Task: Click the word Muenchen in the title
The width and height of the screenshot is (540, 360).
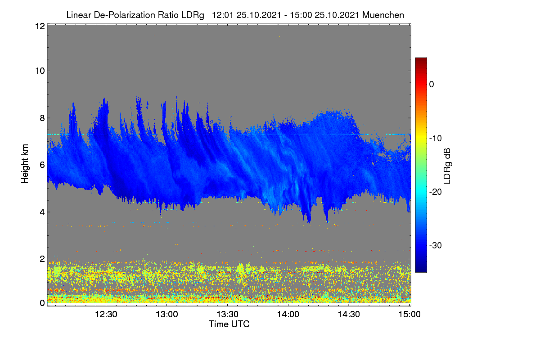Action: pyautogui.click(x=383, y=15)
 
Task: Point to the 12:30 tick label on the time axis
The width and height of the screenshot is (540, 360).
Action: pyautogui.click(x=106, y=314)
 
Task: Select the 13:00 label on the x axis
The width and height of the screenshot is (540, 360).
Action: pyautogui.click(x=167, y=314)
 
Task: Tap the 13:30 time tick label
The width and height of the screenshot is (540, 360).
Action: pyautogui.click(x=227, y=314)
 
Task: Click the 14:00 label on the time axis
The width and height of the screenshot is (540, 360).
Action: pyautogui.click(x=288, y=314)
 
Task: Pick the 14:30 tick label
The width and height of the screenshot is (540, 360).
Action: pyautogui.click(x=349, y=314)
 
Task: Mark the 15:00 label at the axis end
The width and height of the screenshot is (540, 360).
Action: pyautogui.click(x=409, y=314)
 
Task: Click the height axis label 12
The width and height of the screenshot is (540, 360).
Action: pyautogui.click(x=40, y=26)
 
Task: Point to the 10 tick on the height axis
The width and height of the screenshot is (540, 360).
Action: pyautogui.click(x=40, y=71)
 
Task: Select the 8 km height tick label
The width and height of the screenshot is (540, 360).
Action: pyautogui.click(x=42, y=118)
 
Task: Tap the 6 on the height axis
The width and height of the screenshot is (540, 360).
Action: pyautogui.click(x=42, y=165)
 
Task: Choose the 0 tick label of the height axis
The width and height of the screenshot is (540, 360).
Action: pyautogui.click(x=42, y=303)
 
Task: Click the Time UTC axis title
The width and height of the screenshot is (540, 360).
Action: pyautogui.click(x=229, y=324)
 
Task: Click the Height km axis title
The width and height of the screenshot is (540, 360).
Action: pyautogui.click(x=25, y=164)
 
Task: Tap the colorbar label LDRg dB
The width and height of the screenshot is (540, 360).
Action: pyautogui.click(x=447, y=166)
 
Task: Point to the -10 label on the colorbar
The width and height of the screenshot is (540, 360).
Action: pyautogui.click(x=436, y=139)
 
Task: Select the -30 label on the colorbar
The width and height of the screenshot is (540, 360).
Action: pyautogui.click(x=436, y=245)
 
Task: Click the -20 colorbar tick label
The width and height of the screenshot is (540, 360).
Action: pyautogui.click(x=436, y=192)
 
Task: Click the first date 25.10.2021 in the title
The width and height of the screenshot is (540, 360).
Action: pyautogui.click(x=259, y=15)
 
